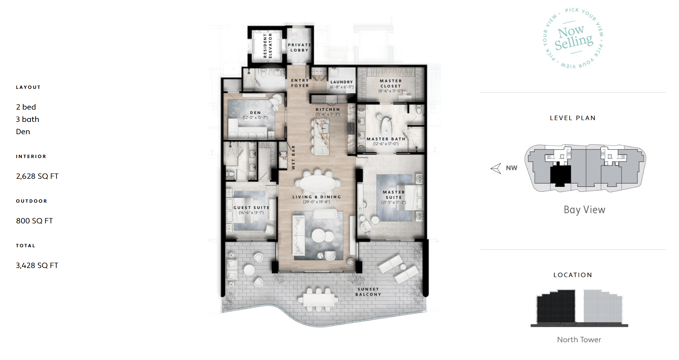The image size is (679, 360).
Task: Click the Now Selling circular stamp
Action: [x=574, y=38]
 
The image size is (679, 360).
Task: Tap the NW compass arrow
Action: [x=496, y=168]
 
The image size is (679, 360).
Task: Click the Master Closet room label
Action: [x=391, y=83]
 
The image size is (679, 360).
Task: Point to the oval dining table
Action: [x=318, y=183]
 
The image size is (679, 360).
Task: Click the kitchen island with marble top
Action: [x=321, y=137]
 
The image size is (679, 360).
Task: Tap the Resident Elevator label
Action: [x=268, y=46]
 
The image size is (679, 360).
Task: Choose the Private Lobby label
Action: [x=299, y=47]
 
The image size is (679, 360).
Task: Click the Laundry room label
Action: [x=341, y=82]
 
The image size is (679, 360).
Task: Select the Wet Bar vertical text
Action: [x=293, y=157]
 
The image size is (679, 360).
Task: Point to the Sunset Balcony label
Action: [x=368, y=292]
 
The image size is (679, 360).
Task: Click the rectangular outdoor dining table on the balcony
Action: [x=318, y=300]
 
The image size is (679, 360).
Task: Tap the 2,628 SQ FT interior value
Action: [x=37, y=176]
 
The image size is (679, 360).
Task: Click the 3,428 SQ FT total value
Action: [x=37, y=266]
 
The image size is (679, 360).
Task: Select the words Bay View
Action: [x=585, y=210]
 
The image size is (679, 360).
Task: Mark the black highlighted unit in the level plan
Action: [x=561, y=176]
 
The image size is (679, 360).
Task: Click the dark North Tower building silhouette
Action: [x=556, y=306]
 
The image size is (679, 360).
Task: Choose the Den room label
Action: [x=255, y=113]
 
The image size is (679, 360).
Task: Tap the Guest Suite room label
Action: [x=252, y=208]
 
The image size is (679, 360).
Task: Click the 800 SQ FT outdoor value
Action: [x=34, y=221]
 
